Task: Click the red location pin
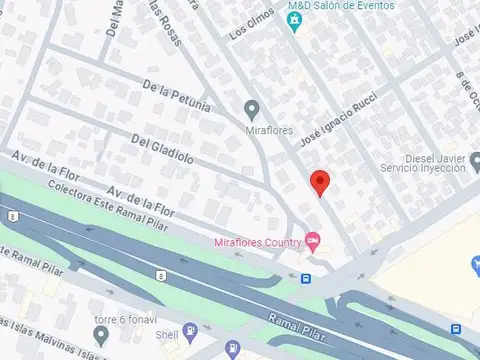(x=320, y=183)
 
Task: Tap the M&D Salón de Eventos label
(x=341, y=6)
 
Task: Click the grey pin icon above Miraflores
(x=251, y=108)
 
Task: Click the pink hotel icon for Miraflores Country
(x=312, y=240)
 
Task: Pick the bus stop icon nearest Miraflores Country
(x=305, y=279)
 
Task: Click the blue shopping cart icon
(x=474, y=264)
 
